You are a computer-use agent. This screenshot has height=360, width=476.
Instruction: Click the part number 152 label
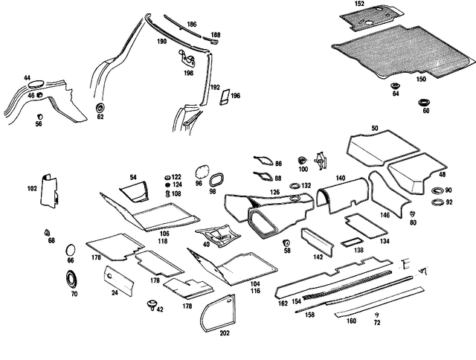pos(359,4)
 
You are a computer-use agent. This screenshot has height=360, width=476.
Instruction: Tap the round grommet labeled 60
pos(423,103)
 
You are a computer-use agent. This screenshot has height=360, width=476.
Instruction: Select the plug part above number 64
pos(395,86)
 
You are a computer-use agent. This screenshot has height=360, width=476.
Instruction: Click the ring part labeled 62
pos(100,107)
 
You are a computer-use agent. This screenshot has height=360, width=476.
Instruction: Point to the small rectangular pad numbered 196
pos(225,97)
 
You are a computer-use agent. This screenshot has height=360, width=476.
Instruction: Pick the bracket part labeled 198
pos(187,59)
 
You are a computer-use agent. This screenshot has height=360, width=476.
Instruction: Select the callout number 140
pos(341,178)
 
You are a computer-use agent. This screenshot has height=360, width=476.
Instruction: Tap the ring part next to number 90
pos(437,191)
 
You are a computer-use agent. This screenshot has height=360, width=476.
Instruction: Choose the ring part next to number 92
pos(437,202)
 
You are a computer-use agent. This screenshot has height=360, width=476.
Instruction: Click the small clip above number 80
pos(413,213)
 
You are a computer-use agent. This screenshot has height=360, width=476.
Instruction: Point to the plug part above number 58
pos(286,242)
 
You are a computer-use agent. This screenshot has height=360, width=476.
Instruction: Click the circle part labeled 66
pos(70,250)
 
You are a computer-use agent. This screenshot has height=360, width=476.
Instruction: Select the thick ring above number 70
pos(71,278)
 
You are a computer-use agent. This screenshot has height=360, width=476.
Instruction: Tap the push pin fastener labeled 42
pos(152,304)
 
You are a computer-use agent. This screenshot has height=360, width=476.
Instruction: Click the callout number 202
pos(225,333)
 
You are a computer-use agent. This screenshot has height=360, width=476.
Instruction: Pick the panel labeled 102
pos(48,191)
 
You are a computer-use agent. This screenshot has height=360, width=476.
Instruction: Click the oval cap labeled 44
pos(36,84)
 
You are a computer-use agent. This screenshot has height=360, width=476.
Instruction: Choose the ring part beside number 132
pos(295,185)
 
